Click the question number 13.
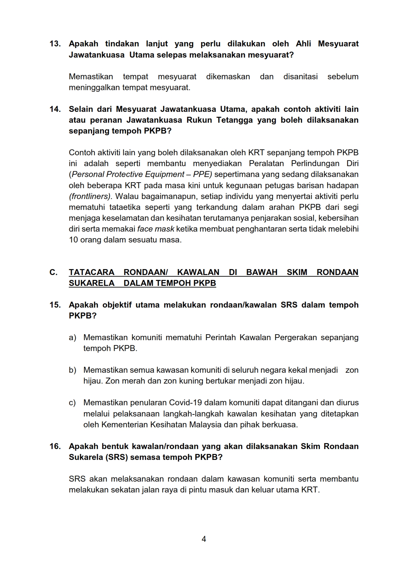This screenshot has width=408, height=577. tap(55, 44)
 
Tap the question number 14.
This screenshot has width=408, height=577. tap(55, 109)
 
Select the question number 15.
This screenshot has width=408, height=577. tap(55, 305)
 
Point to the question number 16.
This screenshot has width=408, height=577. tap(55, 446)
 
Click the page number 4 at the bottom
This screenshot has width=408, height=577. tap(204, 539)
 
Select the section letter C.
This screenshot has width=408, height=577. tap(53, 272)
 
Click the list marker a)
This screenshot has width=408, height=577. tap(72, 338)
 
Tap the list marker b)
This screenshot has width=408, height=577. tap(72, 370)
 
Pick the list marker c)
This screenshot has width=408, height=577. tap(72, 403)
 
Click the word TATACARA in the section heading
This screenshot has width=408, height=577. tap(92, 272)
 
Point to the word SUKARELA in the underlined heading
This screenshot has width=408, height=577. tap(92, 283)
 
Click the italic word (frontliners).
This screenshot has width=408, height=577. tap(91, 196)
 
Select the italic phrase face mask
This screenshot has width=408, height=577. tap(156, 229)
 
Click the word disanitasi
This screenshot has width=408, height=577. tap(300, 77)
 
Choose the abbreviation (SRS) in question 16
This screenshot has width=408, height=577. tap(117, 457)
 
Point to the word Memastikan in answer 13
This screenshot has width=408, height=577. tap(91, 77)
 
